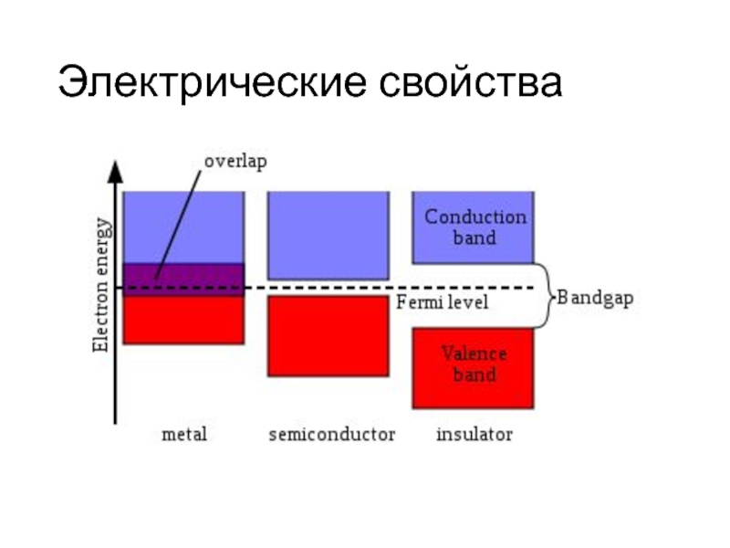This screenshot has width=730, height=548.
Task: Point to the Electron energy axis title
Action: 102,284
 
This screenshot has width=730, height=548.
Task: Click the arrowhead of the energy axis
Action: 115,171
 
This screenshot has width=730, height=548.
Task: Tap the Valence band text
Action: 474,364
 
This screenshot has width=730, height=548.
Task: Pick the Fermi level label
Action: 443,302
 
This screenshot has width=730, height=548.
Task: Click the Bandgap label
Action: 595,298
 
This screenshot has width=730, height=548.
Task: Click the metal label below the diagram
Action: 183,434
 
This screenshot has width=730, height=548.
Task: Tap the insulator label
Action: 474,434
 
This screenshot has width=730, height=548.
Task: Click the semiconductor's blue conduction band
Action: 327,235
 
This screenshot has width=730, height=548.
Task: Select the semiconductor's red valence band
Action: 327,335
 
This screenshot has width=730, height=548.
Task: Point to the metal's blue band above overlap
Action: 183,227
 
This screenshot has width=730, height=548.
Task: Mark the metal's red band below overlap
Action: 183,320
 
